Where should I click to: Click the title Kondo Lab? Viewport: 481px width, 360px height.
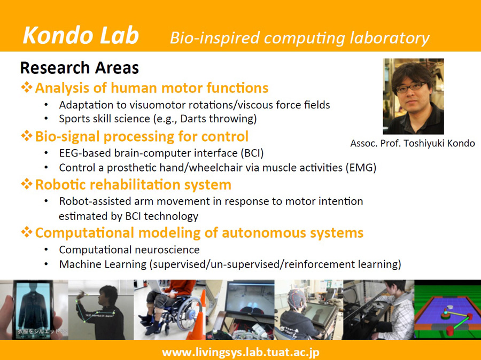81,36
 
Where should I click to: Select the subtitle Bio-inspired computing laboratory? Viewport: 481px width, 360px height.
300,38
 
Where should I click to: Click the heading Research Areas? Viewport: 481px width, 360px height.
80,67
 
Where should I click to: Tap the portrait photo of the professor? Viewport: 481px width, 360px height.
413,96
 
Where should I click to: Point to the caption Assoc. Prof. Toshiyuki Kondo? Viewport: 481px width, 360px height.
413,143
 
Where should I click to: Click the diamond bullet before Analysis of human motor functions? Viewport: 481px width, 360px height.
27,88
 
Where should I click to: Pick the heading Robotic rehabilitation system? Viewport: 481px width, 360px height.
133,185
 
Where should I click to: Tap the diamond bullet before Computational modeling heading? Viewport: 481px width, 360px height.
27,232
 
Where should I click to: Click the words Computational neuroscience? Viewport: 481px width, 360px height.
129,249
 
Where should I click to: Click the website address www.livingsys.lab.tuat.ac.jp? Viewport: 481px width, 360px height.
241,352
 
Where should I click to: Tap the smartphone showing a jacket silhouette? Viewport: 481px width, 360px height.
33,310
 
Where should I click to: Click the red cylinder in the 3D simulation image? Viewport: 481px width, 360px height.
451,331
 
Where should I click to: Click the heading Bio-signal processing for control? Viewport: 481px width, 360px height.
142,136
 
